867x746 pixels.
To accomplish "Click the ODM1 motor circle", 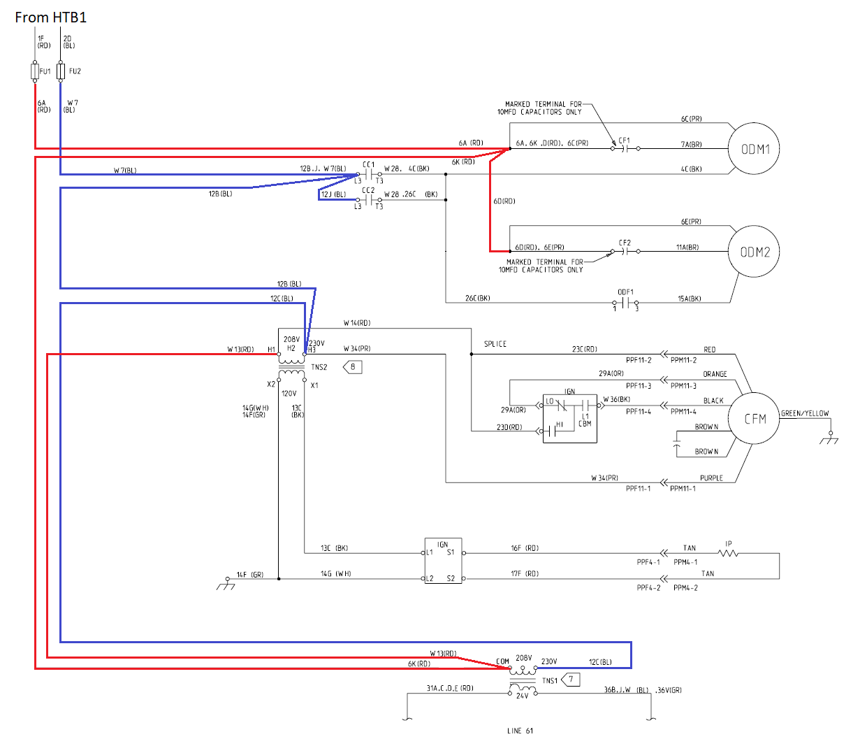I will pyautogui.click(x=755, y=149).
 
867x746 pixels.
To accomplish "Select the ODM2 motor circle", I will pyautogui.click(x=755, y=252).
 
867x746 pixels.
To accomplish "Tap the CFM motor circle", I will pyautogui.click(x=755, y=419).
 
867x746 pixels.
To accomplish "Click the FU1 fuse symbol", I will pyautogui.click(x=35, y=71).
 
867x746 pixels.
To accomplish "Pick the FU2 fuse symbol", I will pyautogui.click(x=61, y=71).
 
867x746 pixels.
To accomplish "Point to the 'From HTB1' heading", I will pyautogui.click(x=50, y=17).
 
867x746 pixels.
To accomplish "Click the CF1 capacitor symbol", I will pyautogui.click(x=626, y=148).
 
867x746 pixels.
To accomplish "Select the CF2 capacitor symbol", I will pyautogui.click(x=626, y=251).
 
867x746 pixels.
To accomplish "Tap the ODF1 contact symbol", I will pyautogui.click(x=626, y=303).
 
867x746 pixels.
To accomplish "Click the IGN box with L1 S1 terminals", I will pyautogui.click(x=444, y=561).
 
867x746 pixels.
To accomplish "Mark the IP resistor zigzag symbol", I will pyautogui.click(x=728, y=553).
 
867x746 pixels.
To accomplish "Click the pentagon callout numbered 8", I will pyautogui.click(x=352, y=367).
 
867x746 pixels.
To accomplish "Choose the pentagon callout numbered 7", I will pyautogui.click(x=571, y=680).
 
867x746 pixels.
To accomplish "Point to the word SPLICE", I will pyautogui.click(x=495, y=344).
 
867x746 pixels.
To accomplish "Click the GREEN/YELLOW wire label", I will pyautogui.click(x=805, y=413).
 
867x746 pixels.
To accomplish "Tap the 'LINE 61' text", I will pyautogui.click(x=520, y=731).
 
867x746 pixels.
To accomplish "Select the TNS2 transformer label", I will pyautogui.click(x=319, y=367).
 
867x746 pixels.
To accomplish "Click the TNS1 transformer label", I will pyautogui.click(x=550, y=680).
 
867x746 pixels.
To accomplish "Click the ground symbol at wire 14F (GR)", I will pyautogui.click(x=226, y=583).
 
